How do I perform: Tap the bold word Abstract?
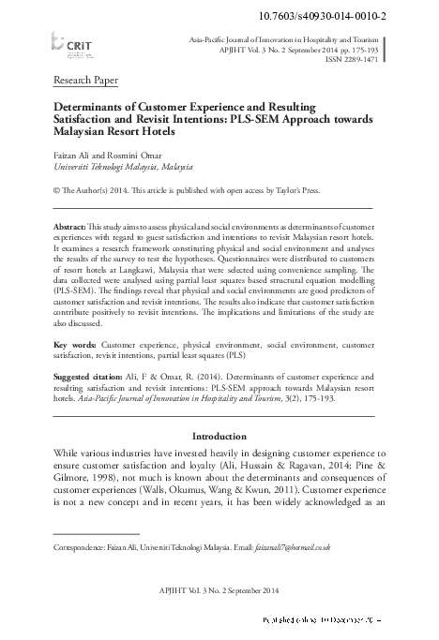tap(68, 229)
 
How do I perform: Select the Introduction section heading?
tap(219, 437)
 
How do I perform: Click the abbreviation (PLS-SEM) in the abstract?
tap(76, 291)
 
